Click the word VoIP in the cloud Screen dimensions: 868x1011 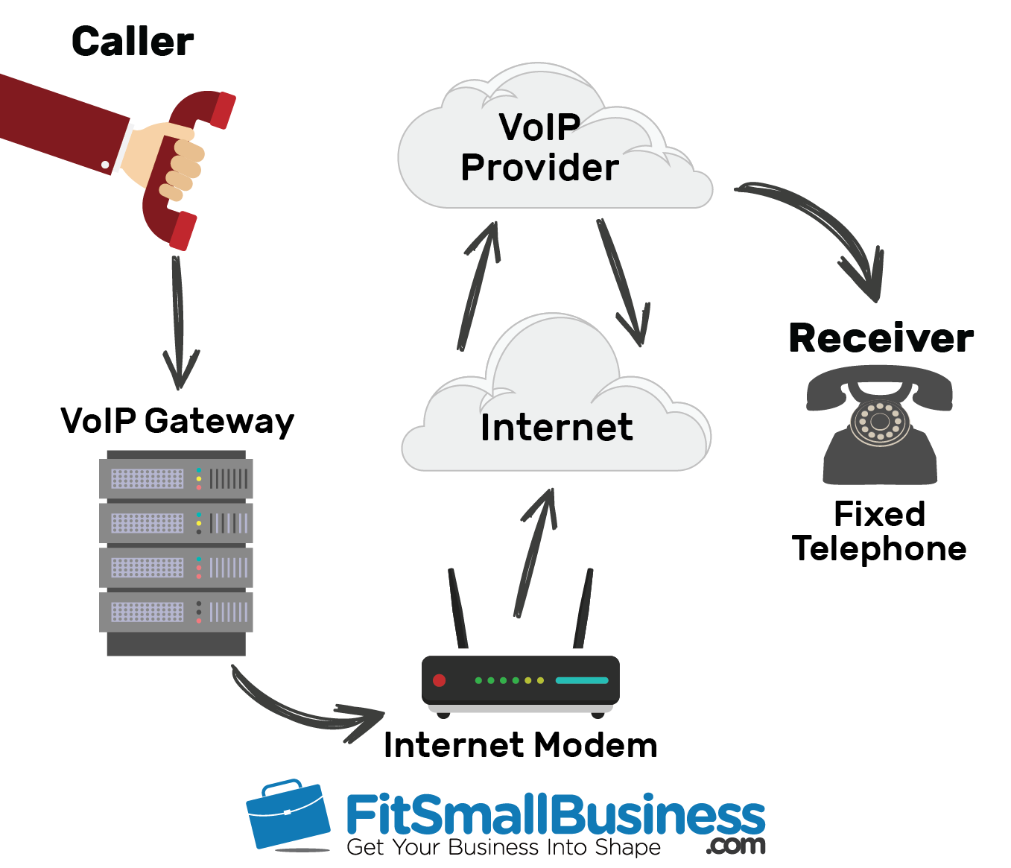[x=539, y=127]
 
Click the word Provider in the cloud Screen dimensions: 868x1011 [x=539, y=168]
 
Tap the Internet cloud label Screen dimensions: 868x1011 [x=557, y=427]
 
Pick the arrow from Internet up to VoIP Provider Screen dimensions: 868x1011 [x=479, y=284]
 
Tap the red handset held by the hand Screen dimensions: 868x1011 [x=186, y=171]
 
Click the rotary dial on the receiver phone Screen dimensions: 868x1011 [x=879, y=422]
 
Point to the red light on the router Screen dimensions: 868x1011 [x=440, y=680]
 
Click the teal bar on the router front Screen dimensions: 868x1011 [x=582, y=680]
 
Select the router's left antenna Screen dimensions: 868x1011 [x=457, y=608]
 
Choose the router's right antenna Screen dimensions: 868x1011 [x=583, y=608]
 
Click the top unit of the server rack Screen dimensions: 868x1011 [x=176, y=478]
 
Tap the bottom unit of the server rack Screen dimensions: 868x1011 [x=176, y=612]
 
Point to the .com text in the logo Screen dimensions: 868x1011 [x=735, y=846]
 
